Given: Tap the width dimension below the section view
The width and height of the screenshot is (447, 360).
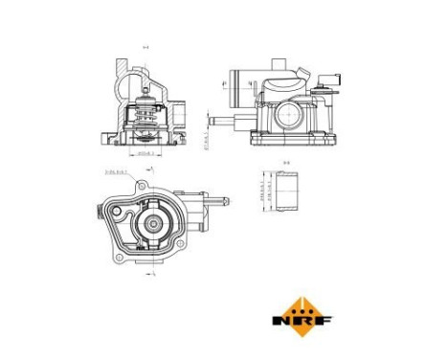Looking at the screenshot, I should pos(145,153).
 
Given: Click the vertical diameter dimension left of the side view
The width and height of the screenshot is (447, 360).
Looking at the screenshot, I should pos(208,144).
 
